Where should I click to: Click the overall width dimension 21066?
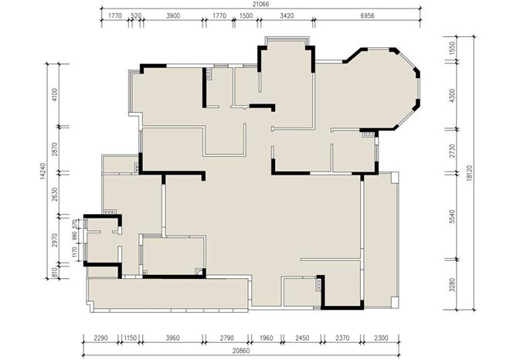(261, 4)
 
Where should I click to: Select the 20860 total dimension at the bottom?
(241, 351)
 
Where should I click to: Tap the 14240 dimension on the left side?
(44, 171)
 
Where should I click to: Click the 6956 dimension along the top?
(367, 15)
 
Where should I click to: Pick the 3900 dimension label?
(173, 15)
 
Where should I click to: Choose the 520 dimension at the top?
(136, 15)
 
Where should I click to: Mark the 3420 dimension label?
(287, 15)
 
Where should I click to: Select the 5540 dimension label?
(452, 216)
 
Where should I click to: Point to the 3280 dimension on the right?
(452, 285)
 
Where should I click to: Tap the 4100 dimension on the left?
(55, 94)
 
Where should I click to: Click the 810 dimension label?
(55, 272)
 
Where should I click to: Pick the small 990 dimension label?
(75, 236)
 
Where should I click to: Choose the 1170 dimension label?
(75, 253)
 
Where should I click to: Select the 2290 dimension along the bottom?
(100, 338)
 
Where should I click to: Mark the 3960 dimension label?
(172, 338)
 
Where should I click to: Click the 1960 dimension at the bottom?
(267, 338)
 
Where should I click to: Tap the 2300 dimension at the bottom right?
(381, 338)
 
